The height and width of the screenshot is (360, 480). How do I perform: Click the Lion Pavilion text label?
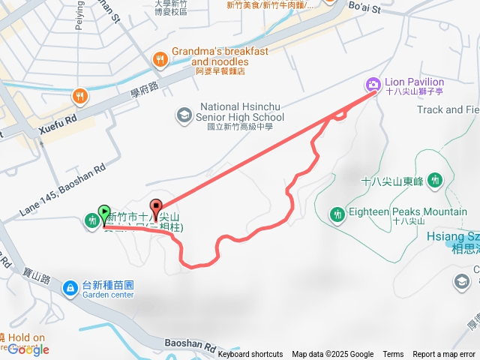click(414, 82)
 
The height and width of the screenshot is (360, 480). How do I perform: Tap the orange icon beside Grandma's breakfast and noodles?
click(159, 58)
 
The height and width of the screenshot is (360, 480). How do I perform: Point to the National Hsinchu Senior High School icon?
click(183, 115)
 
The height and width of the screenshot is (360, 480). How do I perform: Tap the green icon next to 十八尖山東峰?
click(436, 180)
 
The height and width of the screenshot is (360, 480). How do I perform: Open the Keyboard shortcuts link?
click(250, 354)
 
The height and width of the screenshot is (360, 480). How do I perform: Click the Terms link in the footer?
click(393, 354)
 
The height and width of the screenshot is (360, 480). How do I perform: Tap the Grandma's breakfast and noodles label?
click(220, 56)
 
